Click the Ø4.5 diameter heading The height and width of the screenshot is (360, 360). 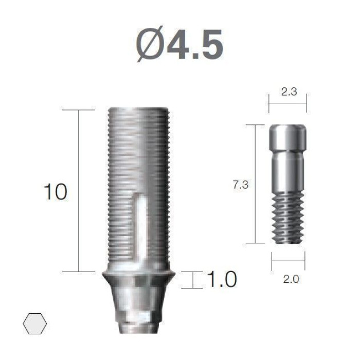tap(179, 44)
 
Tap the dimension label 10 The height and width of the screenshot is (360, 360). tap(56, 192)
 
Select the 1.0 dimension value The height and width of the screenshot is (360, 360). tap(222, 279)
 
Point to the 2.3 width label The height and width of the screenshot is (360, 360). tap(289, 92)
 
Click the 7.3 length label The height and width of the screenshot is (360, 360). tap(241, 185)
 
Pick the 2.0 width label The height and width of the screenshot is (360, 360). tap(291, 279)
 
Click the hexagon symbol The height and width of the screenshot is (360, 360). tap(35, 323)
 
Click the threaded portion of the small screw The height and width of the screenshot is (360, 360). tap(288, 218)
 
